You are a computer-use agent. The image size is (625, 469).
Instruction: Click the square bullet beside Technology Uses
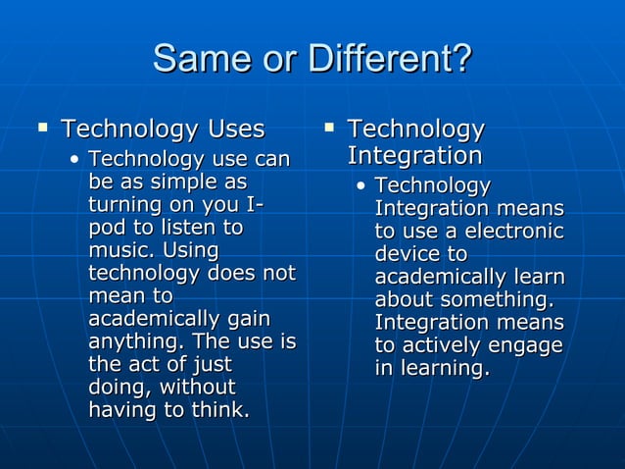[42, 128]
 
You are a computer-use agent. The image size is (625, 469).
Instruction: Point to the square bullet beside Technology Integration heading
[329, 128]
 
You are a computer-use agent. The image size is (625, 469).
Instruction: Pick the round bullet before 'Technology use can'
[75, 159]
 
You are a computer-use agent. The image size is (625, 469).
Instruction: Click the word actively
[450, 345]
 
